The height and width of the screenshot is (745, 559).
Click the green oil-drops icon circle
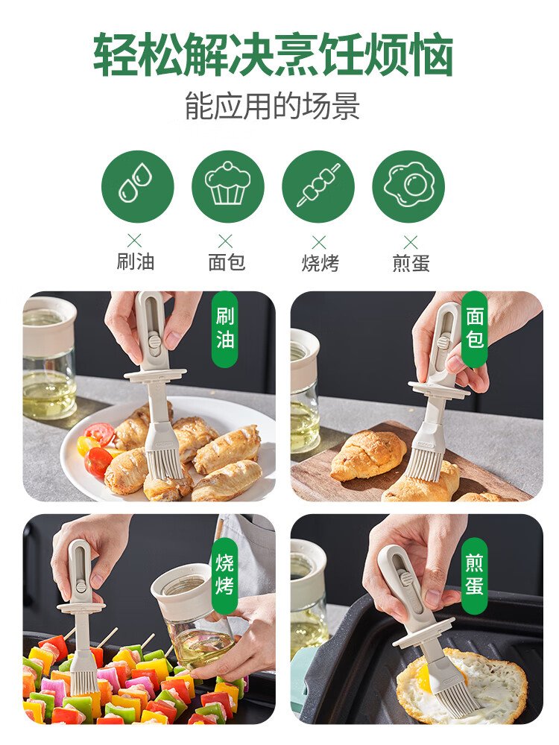click(138, 187)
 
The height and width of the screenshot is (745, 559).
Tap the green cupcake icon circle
click(227, 187)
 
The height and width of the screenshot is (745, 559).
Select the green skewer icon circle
click(318, 187)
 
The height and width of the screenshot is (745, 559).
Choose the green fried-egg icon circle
click(408, 187)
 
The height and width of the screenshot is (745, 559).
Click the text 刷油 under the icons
click(136, 261)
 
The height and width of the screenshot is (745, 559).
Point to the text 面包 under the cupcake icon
click(227, 261)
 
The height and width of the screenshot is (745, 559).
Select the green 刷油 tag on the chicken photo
click(225, 329)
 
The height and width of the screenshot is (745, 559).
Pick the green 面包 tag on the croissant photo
click(474, 329)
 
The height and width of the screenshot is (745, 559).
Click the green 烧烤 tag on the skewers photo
click(225, 575)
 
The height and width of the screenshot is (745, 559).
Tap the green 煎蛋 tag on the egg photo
click(474, 575)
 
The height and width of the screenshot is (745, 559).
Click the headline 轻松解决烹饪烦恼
click(273, 54)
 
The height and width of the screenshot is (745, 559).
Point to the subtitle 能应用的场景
click(272, 106)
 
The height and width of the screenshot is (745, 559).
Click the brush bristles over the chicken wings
click(165, 464)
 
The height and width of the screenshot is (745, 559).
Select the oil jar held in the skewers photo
click(191, 621)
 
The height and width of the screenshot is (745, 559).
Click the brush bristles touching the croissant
click(425, 463)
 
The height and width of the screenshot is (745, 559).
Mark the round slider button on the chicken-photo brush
click(153, 341)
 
